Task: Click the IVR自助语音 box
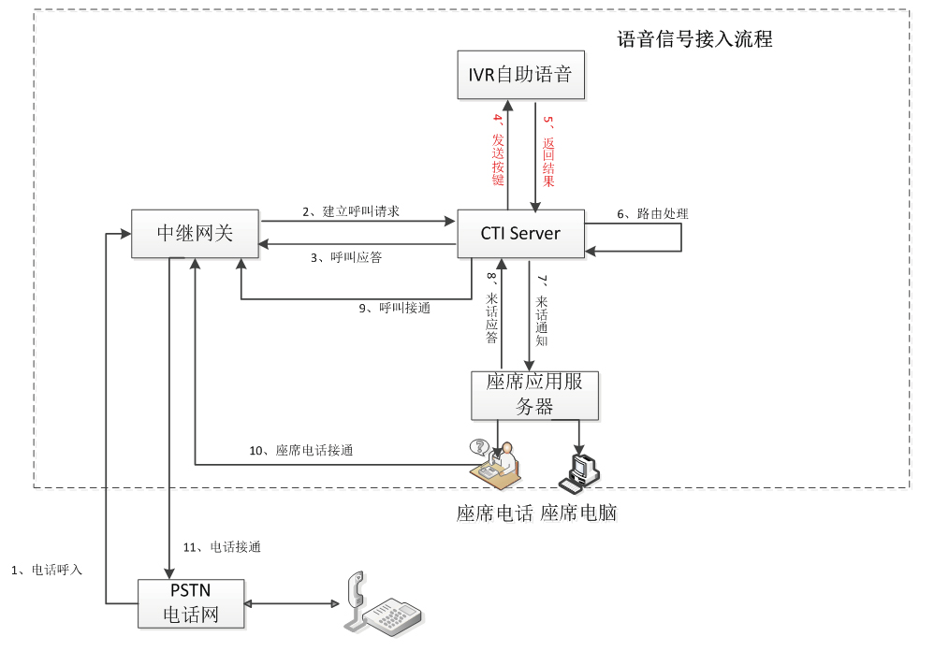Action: [x=520, y=75]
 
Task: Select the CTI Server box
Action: [x=520, y=234]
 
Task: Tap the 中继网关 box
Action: [x=195, y=234]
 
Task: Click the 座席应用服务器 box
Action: [x=534, y=395]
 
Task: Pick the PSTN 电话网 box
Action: [x=192, y=604]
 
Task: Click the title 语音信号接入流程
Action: [x=694, y=39]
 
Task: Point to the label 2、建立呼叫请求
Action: [x=351, y=211]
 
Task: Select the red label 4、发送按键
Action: [x=498, y=150]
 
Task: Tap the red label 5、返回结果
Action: [x=548, y=150]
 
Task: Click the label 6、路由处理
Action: [x=652, y=213]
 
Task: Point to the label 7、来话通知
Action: [x=541, y=310]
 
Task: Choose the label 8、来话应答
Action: [x=491, y=310]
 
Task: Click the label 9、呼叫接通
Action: [x=395, y=307]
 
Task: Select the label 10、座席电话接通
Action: [x=300, y=450]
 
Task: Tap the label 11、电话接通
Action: [x=221, y=547]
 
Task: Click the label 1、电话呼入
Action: [x=47, y=569]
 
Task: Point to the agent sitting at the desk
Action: [x=496, y=461]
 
